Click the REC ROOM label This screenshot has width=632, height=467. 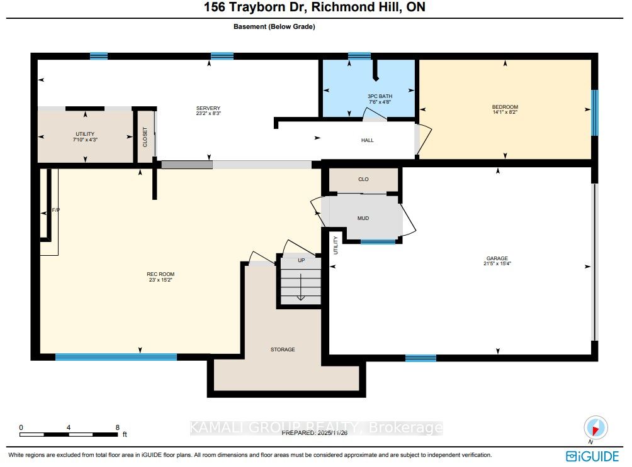pos(161,274)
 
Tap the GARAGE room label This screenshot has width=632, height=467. pos(497,258)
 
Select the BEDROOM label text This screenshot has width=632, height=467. pos(505,107)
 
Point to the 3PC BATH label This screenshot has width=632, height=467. pos(380,96)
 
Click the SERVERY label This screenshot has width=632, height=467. pos(208,108)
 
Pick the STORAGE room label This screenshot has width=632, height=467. pos(283,349)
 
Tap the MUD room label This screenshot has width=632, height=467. pos(363,218)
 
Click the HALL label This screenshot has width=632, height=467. pos(367,140)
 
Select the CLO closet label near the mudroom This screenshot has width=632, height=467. pos(363,179)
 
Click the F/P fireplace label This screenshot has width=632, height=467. pos(55,210)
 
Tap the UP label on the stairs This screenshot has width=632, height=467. pos(301,260)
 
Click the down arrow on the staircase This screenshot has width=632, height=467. pos(301,287)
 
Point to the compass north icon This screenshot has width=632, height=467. pos(595,427)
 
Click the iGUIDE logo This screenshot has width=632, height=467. pos(592,456)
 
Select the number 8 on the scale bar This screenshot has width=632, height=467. pos(117,427)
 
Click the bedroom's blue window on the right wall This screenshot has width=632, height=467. pos(594,113)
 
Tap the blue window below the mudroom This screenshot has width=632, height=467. pos(378,241)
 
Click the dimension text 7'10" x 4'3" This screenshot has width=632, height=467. pos(85,140)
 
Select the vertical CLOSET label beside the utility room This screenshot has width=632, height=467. pos(145,137)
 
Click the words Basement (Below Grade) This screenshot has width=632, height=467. pos(274,26)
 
